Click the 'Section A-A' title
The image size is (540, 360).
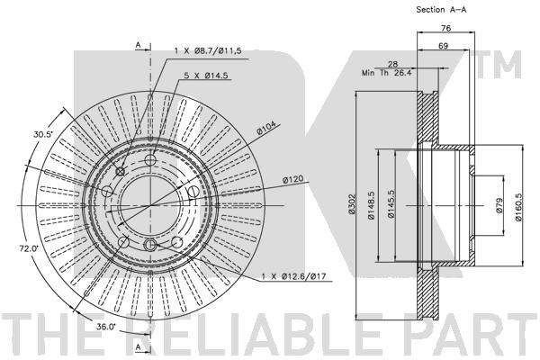coord(441,10)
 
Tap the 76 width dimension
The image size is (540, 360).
coord(446,28)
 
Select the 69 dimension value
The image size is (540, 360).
coord(443,46)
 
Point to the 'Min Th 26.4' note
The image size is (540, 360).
coord(386,73)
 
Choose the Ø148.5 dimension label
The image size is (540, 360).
coord(371,205)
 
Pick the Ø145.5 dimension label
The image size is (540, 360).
coord(391,205)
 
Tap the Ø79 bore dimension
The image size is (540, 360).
coord(500,205)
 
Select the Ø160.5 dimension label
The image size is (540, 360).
coord(519,206)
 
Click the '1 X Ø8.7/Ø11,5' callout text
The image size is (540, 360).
coord(208,51)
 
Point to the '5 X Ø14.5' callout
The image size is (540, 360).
coord(206,76)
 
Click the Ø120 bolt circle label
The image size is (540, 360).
coord(293,179)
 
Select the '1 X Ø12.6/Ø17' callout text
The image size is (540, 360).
coord(293,276)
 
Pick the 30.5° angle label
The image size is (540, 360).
coord(43,135)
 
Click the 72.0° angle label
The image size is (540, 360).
coord(29,247)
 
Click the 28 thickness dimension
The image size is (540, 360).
coord(392,64)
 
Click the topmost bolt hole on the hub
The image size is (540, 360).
coord(150,160)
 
